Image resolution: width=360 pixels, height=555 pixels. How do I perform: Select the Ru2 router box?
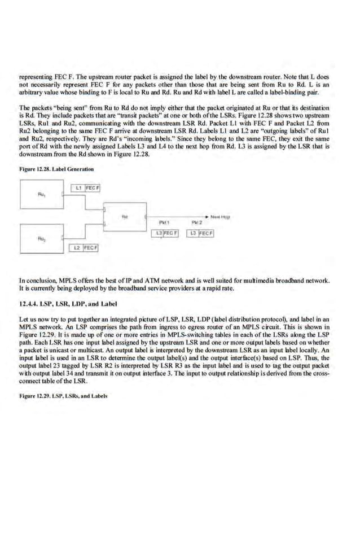(x=41, y=238)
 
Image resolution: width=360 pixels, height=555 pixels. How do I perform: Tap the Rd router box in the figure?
(x=125, y=216)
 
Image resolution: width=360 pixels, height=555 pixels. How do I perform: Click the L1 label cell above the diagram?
(x=78, y=187)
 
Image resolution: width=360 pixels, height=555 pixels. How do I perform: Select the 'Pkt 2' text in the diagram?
(x=197, y=222)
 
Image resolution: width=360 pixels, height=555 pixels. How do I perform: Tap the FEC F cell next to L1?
(x=93, y=187)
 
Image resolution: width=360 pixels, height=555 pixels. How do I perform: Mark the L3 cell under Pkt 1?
(x=159, y=233)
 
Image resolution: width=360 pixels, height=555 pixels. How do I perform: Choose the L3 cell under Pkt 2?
(x=194, y=233)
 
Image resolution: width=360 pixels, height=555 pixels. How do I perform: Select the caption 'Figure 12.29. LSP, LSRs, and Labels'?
(x=63, y=395)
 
